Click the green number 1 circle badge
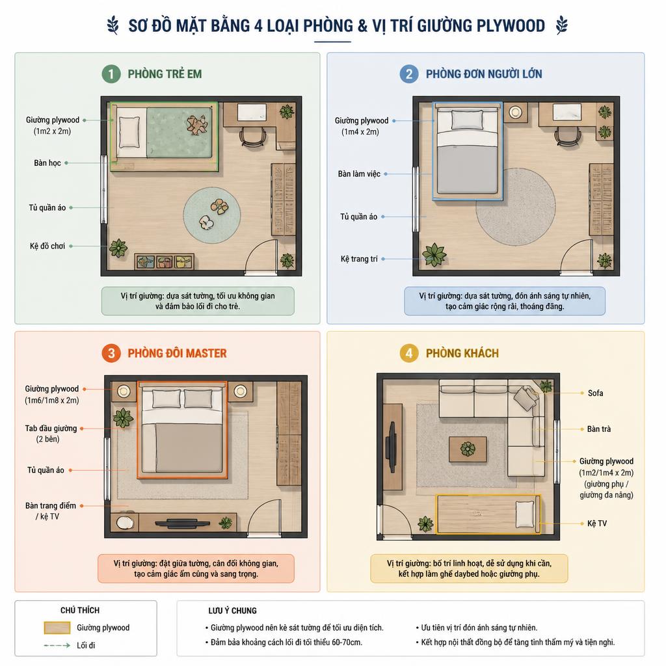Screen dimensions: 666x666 111,74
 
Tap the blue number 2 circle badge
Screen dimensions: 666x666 409,74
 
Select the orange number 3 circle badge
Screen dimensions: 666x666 111,353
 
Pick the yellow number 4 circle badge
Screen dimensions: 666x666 409,353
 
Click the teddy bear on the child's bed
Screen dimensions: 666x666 197,125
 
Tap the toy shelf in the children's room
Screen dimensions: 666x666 165,261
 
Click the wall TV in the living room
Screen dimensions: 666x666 391,446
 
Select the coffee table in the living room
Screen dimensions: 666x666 468,449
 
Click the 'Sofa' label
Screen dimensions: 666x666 595,393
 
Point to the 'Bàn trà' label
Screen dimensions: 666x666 599,429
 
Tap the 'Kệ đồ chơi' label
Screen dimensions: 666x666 47,246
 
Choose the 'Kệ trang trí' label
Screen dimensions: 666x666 359,259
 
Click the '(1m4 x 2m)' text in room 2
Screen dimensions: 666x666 360,131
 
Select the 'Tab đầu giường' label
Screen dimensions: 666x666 51,428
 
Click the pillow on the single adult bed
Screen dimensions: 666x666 467,120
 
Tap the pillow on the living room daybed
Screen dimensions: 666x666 525,514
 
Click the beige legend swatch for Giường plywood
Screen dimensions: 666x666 57,628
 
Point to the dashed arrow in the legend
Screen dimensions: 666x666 57,645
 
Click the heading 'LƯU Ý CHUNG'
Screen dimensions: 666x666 232,611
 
